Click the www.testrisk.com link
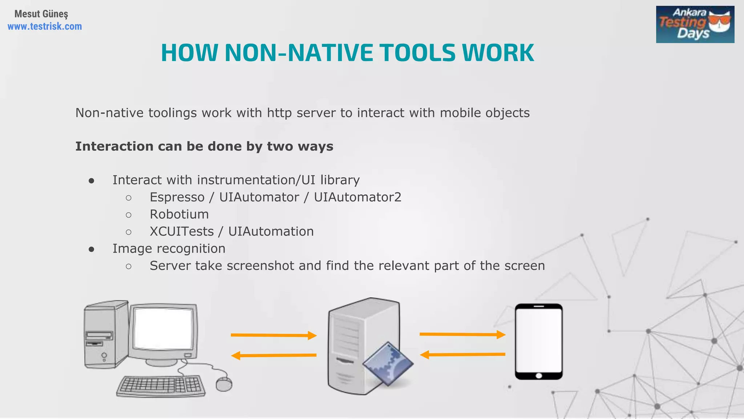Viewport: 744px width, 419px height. pos(45,27)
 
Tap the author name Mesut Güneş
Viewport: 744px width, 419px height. pos(41,14)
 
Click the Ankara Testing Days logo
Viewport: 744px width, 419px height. pos(695,24)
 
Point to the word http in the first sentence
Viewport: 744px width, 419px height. pos(279,113)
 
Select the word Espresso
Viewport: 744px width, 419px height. pos(177,197)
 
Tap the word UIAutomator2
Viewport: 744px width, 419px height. pos(357,197)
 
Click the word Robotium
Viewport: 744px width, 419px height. pos(179,214)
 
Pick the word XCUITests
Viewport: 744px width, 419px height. pos(182,231)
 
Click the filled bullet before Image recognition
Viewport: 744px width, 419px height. pos(92,249)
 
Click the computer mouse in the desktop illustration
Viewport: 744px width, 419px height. pos(224,384)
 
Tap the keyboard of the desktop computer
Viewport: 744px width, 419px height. pos(161,386)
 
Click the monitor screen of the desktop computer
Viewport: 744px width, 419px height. pos(163,329)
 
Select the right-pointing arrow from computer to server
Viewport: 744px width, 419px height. pos(274,335)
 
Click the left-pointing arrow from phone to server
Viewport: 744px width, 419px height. pos(462,354)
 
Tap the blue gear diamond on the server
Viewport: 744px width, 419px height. pos(388,364)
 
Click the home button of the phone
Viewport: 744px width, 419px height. pos(539,376)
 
